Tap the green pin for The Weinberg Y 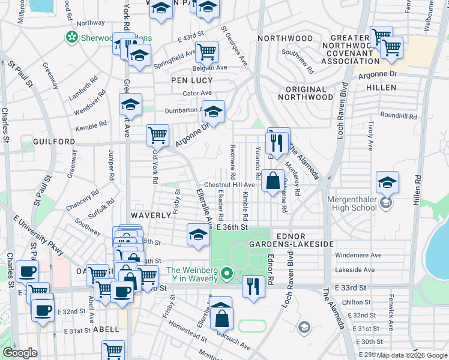point(226,275)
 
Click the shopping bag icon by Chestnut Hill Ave point(273,180)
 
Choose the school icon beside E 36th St point(198,235)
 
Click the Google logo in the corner point(20,353)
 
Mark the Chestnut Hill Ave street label point(230,185)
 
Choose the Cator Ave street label point(197,93)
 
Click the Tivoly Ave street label point(371,135)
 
